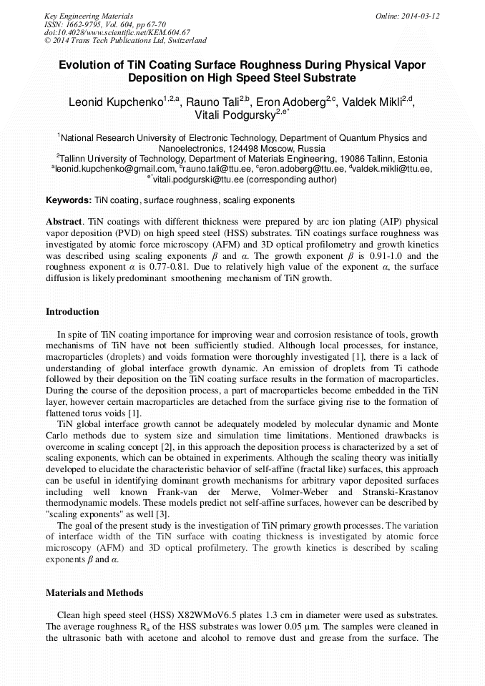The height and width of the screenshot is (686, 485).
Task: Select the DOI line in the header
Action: tap(119, 32)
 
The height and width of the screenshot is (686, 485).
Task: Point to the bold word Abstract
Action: tap(64, 222)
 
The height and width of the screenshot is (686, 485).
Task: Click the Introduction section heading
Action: tap(72, 312)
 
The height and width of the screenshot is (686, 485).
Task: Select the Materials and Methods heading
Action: tap(94, 593)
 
